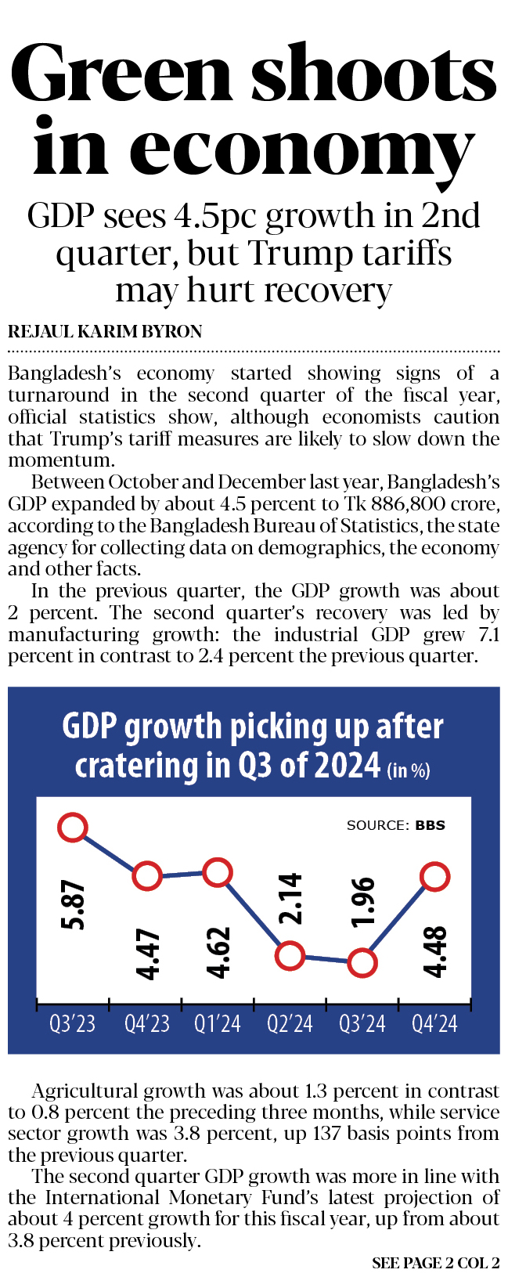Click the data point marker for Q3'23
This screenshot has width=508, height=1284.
click(73, 828)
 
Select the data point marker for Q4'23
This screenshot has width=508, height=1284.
click(146, 876)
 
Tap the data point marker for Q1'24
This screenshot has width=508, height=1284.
click(218, 871)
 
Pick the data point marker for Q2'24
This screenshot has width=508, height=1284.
click(290, 955)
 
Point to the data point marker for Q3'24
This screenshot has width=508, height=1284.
click(362, 962)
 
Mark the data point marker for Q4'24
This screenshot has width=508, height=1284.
click(434, 876)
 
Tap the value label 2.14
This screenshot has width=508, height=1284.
click(291, 898)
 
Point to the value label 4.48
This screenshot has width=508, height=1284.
click(435, 951)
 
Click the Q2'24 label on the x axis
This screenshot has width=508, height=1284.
click(290, 1023)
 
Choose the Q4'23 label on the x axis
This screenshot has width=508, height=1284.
click(146, 1023)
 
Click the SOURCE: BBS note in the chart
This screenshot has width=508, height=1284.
click(395, 825)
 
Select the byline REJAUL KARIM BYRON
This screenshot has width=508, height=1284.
click(105, 332)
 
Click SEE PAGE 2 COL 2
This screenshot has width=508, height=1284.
click(435, 1263)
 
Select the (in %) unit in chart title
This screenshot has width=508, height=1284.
click(409, 770)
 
